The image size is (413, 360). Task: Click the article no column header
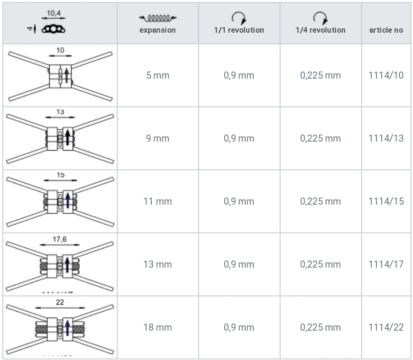coord(386,30)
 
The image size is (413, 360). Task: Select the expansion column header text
coord(157,30)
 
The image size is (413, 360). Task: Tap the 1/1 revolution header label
coord(239,30)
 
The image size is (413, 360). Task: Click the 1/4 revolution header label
coord(321,30)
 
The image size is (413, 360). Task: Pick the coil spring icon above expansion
coord(157,18)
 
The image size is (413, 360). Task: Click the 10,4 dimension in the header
coord(54,13)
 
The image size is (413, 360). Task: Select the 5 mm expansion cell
coord(157,75)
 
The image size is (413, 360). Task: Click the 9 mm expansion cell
coord(157,138)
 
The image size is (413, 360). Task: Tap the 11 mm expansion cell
coord(157,201)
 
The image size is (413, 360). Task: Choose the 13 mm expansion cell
coord(157,264)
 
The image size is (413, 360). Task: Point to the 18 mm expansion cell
coord(157,327)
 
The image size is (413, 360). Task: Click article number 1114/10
coord(386,75)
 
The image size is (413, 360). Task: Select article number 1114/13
coord(386,138)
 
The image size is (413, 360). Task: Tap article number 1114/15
coord(386,201)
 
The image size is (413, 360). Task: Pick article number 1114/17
coord(386,264)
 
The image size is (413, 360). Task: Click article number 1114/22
coord(386,327)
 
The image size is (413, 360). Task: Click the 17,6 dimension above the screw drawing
coord(60,239)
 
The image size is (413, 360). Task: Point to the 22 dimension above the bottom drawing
coord(60,302)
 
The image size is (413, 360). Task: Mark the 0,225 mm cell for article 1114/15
coord(321,201)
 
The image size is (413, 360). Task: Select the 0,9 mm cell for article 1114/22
coord(239,327)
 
